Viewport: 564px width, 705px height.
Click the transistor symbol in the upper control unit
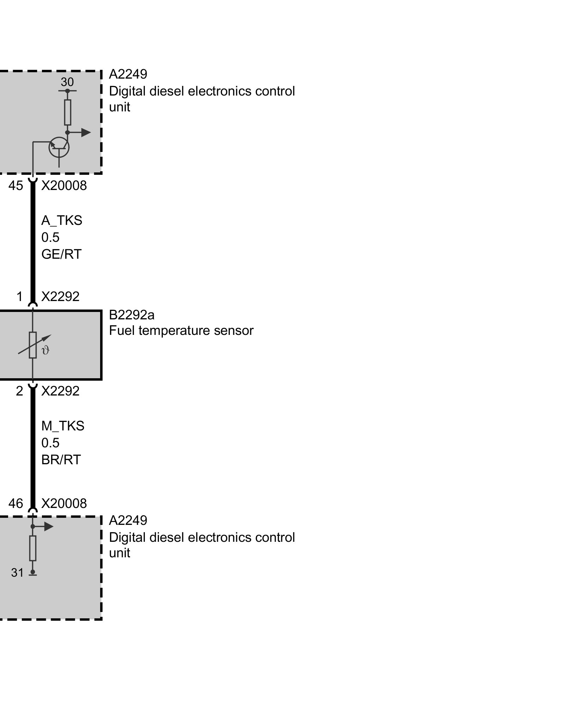59,147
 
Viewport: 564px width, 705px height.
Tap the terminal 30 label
67,82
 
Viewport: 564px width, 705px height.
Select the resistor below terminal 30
68,112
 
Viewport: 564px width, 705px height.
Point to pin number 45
16,186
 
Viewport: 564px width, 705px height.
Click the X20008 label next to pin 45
64,186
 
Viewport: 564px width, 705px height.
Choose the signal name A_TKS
62,220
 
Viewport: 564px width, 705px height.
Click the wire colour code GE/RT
61,254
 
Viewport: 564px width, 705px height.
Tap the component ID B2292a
131,315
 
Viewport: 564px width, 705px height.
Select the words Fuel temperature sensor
181,331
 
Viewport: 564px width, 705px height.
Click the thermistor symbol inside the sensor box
33,345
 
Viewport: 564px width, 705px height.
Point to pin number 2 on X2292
19,391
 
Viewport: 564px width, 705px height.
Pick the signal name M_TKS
63,426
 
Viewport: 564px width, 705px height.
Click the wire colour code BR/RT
61,460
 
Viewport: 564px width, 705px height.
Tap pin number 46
16,503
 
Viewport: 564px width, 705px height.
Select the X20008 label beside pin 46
64,503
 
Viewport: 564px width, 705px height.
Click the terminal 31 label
17,573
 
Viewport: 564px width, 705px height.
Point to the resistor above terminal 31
33,548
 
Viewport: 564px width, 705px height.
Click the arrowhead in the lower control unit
48,527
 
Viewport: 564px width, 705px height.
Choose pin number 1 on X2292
20,296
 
